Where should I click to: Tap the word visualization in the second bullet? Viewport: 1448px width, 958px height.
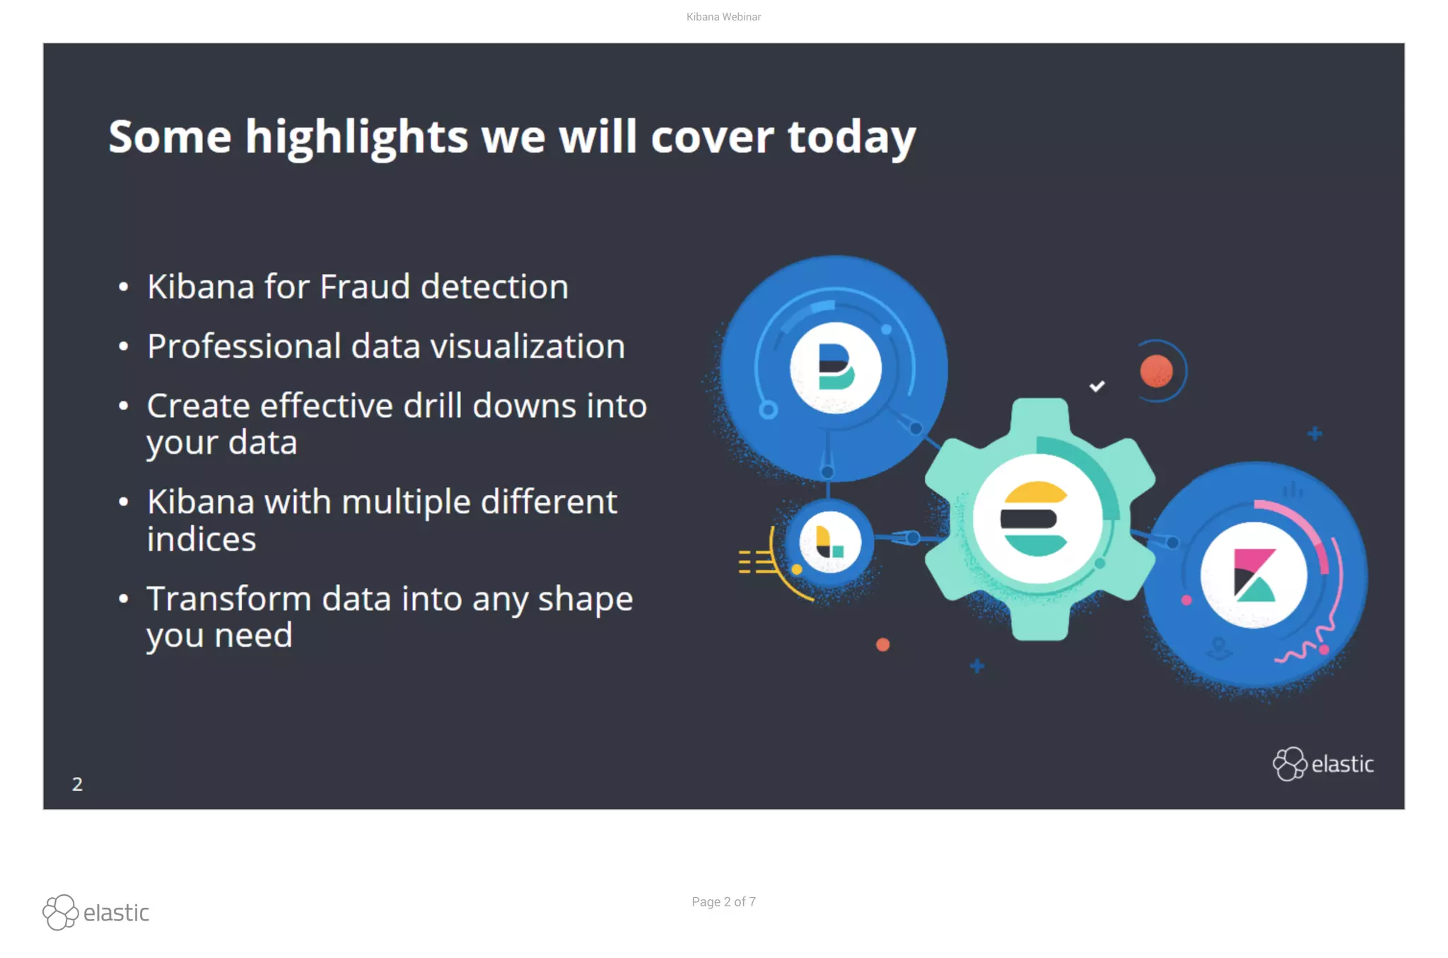pos(527,346)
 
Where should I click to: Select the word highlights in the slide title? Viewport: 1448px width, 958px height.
pos(356,137)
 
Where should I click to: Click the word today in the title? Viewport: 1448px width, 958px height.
pos(851,137)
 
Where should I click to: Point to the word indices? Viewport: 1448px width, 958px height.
pos(202,539)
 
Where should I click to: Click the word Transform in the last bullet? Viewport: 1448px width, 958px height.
pos(229,599)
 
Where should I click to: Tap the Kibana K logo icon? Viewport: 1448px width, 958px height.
pos(1254,575)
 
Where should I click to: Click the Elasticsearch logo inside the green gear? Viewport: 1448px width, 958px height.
pos(1036,519)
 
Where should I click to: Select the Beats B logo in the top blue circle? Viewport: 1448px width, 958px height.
pos(835,367)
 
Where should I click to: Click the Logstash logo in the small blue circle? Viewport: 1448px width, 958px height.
pos(829,542)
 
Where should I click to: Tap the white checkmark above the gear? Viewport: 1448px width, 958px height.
pos(1097,386)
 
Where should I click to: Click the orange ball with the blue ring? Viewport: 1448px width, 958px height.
pos(1157,371)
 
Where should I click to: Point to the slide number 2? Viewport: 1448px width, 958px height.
pos(77,784)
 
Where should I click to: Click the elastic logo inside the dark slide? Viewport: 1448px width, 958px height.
pos(1323,764)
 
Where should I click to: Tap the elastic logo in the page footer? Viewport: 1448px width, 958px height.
pos(96,913)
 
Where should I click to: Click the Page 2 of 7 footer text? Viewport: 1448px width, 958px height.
pos(723,902)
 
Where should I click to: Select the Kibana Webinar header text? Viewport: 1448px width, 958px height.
pos(723,17)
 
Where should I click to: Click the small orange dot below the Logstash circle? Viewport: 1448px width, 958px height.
pos(882,645)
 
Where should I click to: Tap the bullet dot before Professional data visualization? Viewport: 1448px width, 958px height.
pos(124,347)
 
